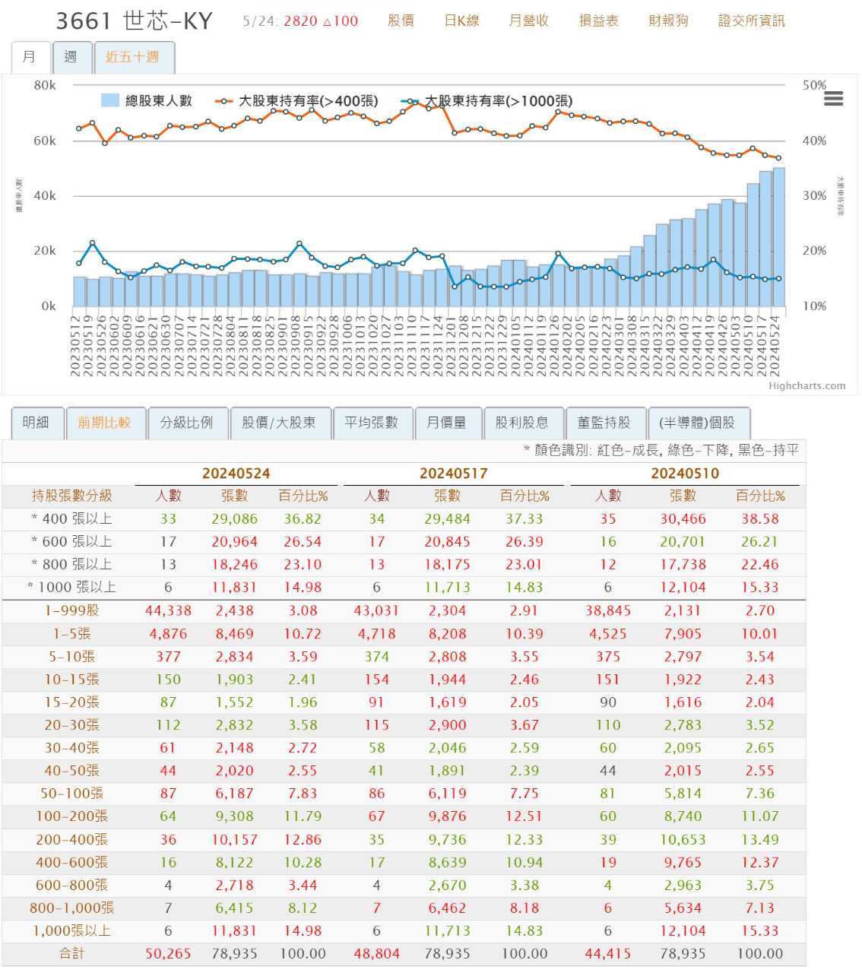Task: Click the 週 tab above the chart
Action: (71, 57)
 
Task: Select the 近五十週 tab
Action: (132, 57)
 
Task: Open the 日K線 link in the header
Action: (461, 21)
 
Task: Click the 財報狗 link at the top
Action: (668, 21)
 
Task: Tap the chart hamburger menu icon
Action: (833, 99)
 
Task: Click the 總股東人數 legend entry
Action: (147, 101)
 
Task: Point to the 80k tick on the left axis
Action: (45, 85)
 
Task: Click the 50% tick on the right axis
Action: (814, 85)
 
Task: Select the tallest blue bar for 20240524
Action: (778, 236)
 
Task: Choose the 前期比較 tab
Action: (104, 423)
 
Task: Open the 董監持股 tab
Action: (604, 423)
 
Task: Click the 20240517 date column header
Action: (453, 473)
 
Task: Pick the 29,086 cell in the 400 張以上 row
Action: (234, 518)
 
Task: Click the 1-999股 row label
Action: (71, 610)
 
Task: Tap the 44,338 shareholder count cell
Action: (168, 610)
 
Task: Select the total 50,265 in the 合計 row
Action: (168, 953)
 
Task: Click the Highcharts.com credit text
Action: (807, 385)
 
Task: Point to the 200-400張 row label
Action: (71, 839)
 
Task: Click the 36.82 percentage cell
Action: (303, 518)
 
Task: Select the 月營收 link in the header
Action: (528, 21)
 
